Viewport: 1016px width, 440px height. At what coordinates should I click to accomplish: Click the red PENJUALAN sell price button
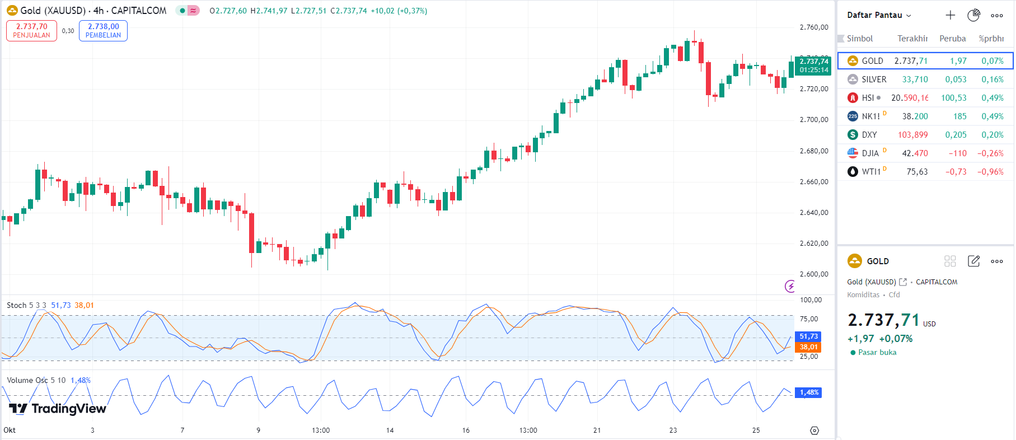pyautogui.click(x=31, y=31)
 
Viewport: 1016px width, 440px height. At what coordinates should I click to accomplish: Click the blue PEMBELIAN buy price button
pyautogui.click(x=103, y=31)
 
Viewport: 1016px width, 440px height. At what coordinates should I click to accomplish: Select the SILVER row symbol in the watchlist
pyautogui.click(x=873, y=79)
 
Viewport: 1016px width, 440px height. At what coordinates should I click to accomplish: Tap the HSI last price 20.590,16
pyautogui.click(x=909, y=98)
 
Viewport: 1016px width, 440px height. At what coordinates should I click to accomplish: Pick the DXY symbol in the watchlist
pyautogui.click(x=869, y=135)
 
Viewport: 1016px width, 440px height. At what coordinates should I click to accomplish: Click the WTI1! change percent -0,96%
pyautogui.click(x=990, y=172)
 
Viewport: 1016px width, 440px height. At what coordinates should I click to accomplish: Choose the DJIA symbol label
pyautogui.click(x=870, y=153)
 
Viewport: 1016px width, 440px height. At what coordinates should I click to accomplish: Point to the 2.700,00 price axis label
pyautogui.click(x=813, y=120)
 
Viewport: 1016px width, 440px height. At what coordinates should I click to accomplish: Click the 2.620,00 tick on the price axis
pyautogui.click(x=813, y=244)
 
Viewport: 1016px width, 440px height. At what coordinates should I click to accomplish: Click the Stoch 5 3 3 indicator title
pyautogui.click(x=26, y=305)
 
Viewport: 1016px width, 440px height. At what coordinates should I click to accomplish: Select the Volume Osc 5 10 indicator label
pyautogui.click(x=36, y=380)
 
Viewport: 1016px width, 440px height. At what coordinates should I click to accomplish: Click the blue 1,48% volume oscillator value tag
pyautogui.click(x=808, y=392)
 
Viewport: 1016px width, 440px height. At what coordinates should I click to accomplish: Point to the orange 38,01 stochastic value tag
pyautogui.click(x=808, y=347)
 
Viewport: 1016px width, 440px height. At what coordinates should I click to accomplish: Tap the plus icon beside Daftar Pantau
pyautogui.click(x=950, y=15)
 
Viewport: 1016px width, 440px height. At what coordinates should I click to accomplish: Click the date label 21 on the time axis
pyautogui.click(x=597, y=430)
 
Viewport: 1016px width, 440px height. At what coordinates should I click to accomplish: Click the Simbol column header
pyautogui.click(x=860, y=39)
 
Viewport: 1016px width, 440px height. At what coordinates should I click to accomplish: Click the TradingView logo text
pyautogui.click(x=58, y=409)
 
